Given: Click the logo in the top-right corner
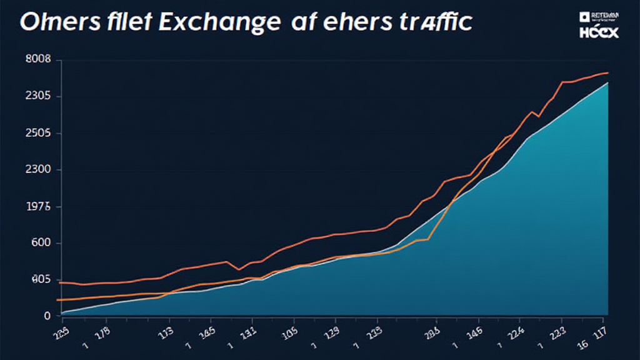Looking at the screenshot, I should click(598, 24).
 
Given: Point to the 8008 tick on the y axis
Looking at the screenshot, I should click(37, 60).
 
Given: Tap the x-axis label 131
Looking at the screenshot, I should click(247, 333).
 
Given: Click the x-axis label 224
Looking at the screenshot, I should click(515, 333).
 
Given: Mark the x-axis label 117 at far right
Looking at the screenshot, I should click(601, 334).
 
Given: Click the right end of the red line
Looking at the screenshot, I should click(607, 73).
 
